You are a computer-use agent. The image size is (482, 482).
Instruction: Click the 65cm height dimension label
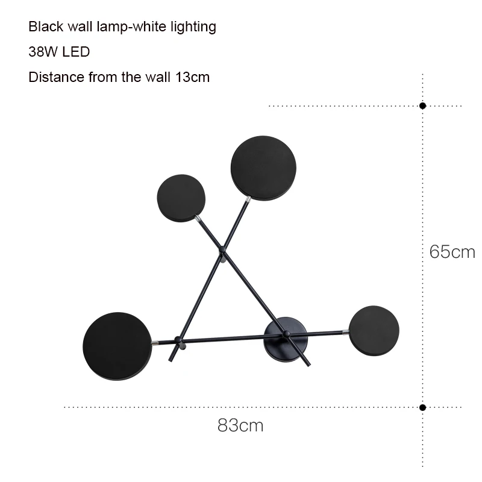(x=452, y=252)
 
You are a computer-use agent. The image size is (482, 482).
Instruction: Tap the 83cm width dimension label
(x=240, y=425)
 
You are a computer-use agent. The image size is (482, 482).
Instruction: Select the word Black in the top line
(x=46, y=27)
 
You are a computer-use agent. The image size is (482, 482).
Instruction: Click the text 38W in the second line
(x=41, y=52)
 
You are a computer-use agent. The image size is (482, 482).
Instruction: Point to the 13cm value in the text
(x=192, y=77)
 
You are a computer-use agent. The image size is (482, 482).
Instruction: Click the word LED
(x=77, y=52)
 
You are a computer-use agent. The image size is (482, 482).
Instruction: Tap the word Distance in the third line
(x=57, y=77)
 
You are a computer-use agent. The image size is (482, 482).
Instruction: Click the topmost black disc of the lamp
(x=263, y=169)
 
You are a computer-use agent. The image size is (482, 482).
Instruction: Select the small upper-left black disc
(x=181, y=198)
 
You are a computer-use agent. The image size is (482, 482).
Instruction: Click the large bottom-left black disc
(x=117, y=346)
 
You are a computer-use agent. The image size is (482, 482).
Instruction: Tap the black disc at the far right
(x=374, y=331)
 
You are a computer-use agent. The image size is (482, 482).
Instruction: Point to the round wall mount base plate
(x=286, y=339)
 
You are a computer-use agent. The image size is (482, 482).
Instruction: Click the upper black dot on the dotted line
(x=423, y=106)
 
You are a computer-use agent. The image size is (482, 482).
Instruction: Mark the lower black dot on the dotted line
(x=423, y=408)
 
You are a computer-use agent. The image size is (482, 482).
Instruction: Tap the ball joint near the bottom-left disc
(x=178, y=340)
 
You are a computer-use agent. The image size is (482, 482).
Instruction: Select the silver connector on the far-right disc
(x=346, y=332)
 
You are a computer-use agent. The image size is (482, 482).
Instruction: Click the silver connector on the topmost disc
(x=248, y=200)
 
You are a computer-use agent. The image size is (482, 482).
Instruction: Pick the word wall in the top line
(x=80, y=27)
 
